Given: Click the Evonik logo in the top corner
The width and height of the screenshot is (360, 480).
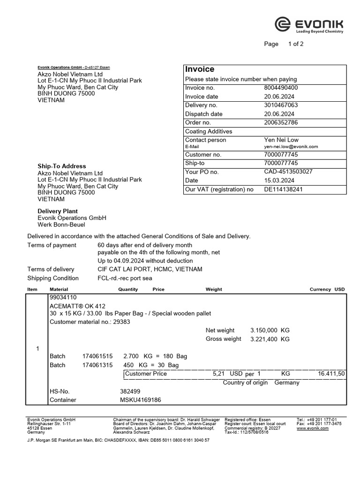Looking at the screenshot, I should [x=309, y=25].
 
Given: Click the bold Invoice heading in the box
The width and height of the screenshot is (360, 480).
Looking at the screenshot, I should [x=200, y=69].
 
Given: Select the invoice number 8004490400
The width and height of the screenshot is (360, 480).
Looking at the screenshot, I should [x=281, y=88].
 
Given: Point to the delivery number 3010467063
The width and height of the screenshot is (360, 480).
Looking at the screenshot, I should [x=281, y=105].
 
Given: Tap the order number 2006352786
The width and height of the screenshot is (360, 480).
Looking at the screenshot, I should [x=281, y=122].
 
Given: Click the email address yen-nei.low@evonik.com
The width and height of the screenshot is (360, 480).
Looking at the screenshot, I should [x=291, y=147].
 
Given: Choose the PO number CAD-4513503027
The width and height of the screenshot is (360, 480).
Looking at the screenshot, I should [x=288, y=172].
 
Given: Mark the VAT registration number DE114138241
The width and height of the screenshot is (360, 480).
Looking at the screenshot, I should [x=284, y=189].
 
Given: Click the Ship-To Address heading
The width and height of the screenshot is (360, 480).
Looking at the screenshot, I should [x=62, y=166].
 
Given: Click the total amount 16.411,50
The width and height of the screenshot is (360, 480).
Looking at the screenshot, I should [x=331, y=374].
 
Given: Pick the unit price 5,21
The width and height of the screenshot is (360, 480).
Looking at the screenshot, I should [x=219, y=374].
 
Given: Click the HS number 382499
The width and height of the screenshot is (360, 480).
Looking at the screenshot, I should [x=130, y=391].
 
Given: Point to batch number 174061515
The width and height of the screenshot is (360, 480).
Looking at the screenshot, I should [x=97, y=356].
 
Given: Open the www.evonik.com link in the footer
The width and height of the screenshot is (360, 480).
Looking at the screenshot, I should [x=312, y=428].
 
